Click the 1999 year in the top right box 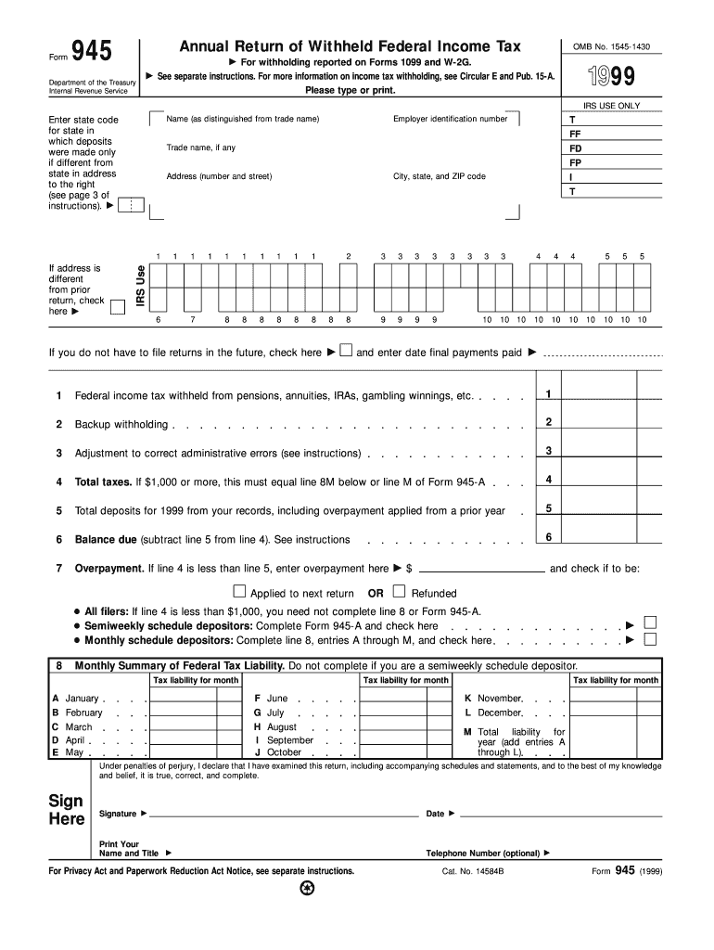[x=611, y=77]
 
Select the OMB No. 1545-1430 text [x=611, y=45]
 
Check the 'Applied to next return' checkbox [x=239, y=591]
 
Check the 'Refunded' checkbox [x=399, y=591]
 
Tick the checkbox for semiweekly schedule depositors [x=650, y=623]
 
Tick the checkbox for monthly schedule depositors [x=650, y=638]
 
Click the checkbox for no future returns [x=345, y=351]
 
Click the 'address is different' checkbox [x=117, y=308]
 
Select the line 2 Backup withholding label [x=121, y=424]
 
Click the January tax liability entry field [x=183, y=698]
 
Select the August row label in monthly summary [x=281, y=727]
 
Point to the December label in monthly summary [x=499, y=712]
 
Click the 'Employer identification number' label [x=450, y=119]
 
